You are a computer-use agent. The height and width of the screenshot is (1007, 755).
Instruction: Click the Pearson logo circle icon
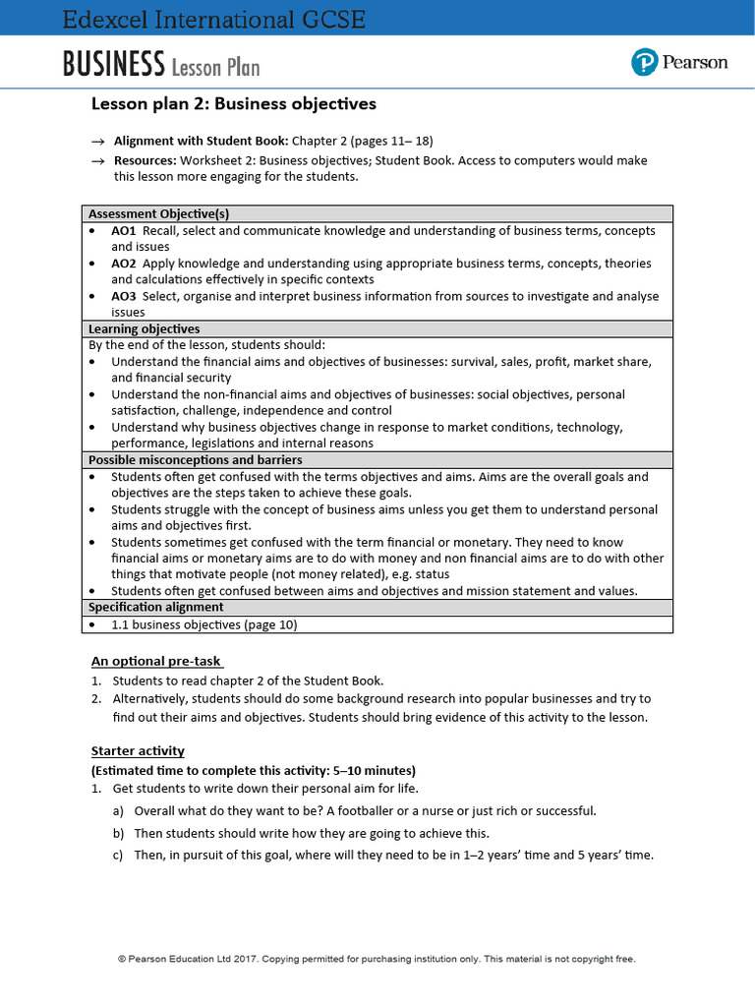point(644,63)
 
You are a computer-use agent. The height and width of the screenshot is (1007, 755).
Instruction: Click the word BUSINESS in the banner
point(113,65)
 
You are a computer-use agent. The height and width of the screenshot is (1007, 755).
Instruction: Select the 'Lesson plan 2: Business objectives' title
point(233,104)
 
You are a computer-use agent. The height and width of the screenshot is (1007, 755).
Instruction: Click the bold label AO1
point(124,230)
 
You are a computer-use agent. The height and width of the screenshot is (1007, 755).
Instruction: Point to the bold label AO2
point(124,264)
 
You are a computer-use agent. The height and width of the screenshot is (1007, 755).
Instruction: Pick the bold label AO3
point(124,296)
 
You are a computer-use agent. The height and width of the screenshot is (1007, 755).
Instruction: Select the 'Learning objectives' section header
point(144,328)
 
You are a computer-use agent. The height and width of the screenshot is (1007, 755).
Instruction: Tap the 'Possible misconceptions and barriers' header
point(195,460)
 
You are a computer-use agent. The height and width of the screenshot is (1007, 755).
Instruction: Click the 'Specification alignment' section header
point(155,608)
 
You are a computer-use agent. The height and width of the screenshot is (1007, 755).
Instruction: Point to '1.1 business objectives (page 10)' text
point(203,624)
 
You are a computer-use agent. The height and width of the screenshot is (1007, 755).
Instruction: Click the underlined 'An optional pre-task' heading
point(156,661)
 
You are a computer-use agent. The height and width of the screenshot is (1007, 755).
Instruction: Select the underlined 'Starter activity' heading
point(138,750)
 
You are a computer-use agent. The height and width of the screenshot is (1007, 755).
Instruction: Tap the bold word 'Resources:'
point(145,160)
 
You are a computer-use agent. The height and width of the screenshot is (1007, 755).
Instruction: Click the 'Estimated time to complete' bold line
point(254,770)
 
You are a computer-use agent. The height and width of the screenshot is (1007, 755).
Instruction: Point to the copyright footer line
point(377,958)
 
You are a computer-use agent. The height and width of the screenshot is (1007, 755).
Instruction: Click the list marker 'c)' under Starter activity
point(117,855)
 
